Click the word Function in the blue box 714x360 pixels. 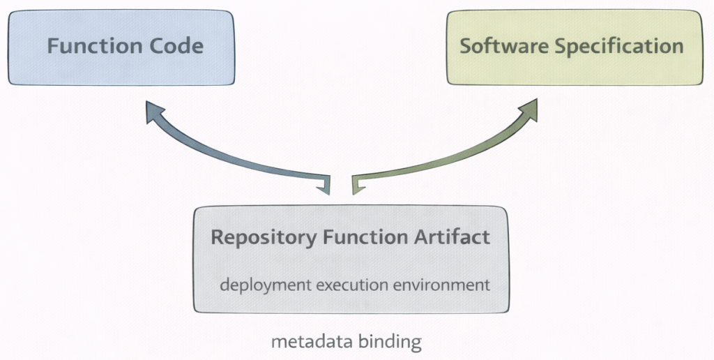coord(87,47)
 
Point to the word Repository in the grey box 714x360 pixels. coord(263,237)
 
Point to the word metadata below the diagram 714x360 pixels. coord(305,343)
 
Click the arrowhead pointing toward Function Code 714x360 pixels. coord(155,112)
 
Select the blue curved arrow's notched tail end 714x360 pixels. coord(324,183)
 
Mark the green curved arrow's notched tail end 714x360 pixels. coord(358,183)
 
